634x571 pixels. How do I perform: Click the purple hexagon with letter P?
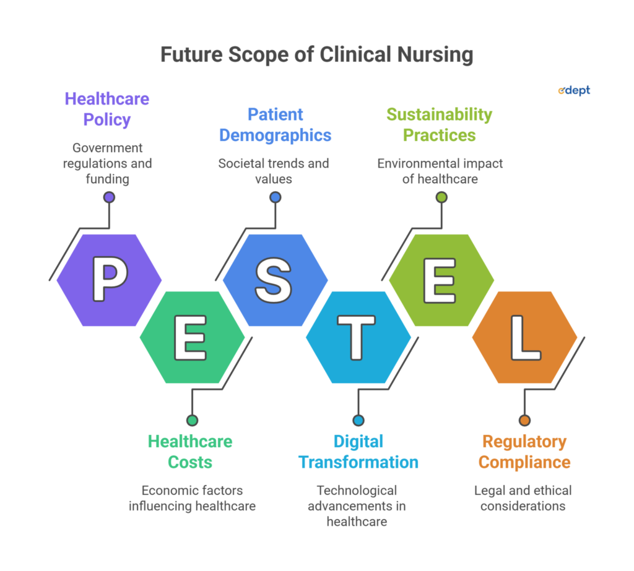click(109, 280)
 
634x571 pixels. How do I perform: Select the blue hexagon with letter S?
click(276, 280)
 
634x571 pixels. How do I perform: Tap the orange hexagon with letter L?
click(525, 337)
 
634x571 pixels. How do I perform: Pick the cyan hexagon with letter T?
click(358, 337)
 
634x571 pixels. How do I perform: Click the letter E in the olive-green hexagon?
click(440, 280)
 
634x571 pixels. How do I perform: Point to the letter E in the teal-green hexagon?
click(191, 338)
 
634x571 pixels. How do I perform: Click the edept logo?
click(574, 90)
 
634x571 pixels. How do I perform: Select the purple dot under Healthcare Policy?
click(109, 197)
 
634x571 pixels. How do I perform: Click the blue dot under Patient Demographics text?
click(276, 197)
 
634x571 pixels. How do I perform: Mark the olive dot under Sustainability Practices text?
click(441, 197)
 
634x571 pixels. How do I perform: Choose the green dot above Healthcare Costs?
click(193, 420)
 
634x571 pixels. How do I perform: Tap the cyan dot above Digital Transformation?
click(358, 420)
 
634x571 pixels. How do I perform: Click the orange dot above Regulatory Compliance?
click(525, 420)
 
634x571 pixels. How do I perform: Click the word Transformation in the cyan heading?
click(358, 462)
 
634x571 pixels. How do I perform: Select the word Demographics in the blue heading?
click(276, 135)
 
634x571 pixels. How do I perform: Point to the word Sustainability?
click(440, 115)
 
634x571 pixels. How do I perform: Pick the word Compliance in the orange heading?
click(524, 463)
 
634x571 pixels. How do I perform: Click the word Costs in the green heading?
click(190, 462)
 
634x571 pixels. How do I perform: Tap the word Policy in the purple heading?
click(107, 120)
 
